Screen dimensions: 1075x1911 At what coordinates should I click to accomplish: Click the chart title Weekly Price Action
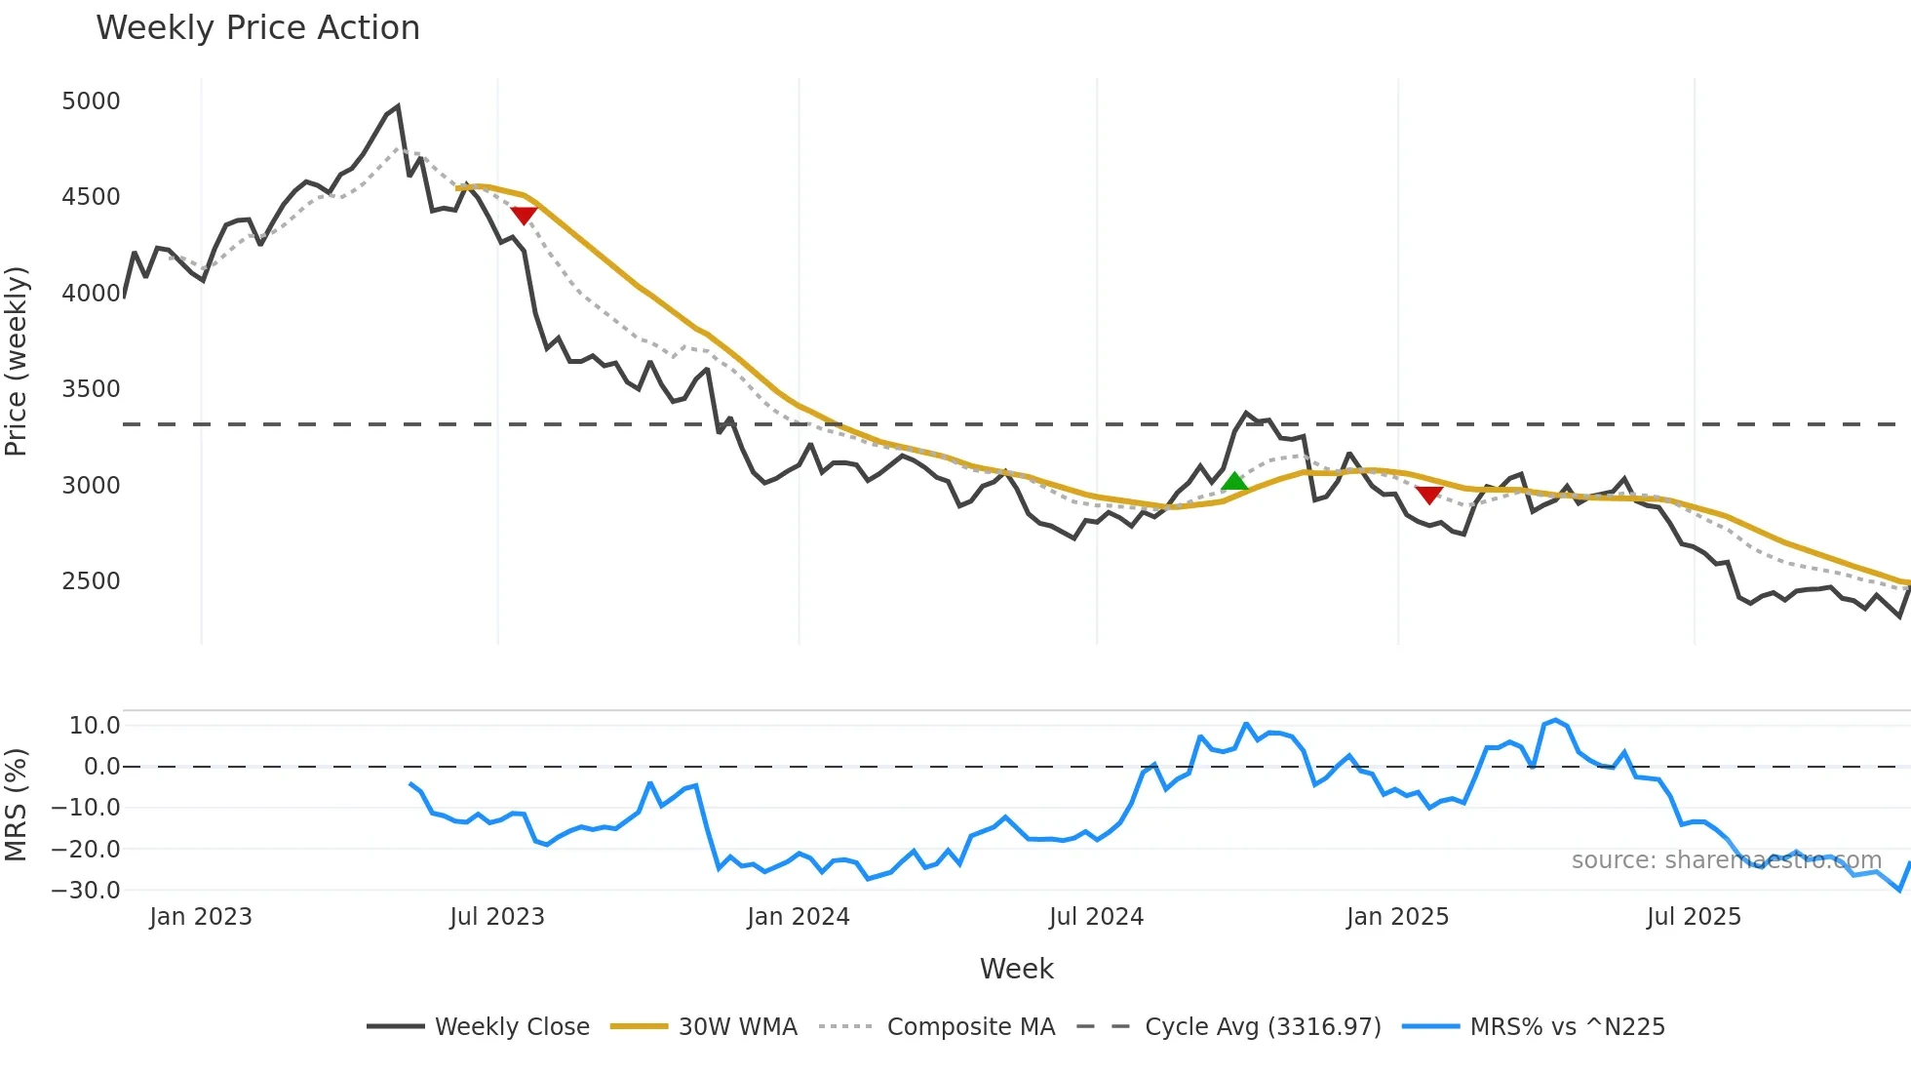coord(257,28)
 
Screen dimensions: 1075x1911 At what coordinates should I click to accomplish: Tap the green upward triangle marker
coord(1234,481)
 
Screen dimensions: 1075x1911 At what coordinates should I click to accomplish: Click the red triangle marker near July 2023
coord(524,216)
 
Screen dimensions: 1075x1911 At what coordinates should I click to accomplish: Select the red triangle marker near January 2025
coord(1428,496)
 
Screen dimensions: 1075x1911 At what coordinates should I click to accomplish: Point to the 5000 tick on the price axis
coord(91,101)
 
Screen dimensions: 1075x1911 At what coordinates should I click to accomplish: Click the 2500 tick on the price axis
coord(91,581)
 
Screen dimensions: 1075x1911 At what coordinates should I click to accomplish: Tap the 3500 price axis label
coord(91,389)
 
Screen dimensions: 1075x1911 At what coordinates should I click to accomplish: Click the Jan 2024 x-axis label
coord(799,917)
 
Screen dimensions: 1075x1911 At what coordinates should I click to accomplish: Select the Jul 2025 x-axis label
coord(1694,917)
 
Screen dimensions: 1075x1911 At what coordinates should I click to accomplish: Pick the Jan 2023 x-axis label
coord(201,917)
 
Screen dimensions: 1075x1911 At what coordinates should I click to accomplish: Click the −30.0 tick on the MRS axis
coord(86,891)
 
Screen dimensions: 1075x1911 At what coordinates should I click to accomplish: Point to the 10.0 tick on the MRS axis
coord(95,725)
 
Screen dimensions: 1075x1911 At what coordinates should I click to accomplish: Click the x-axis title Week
coord(1016,969)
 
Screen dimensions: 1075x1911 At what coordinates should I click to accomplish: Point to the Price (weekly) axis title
coord(17,361)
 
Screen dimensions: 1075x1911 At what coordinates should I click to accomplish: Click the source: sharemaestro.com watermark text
coord(1726,860)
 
